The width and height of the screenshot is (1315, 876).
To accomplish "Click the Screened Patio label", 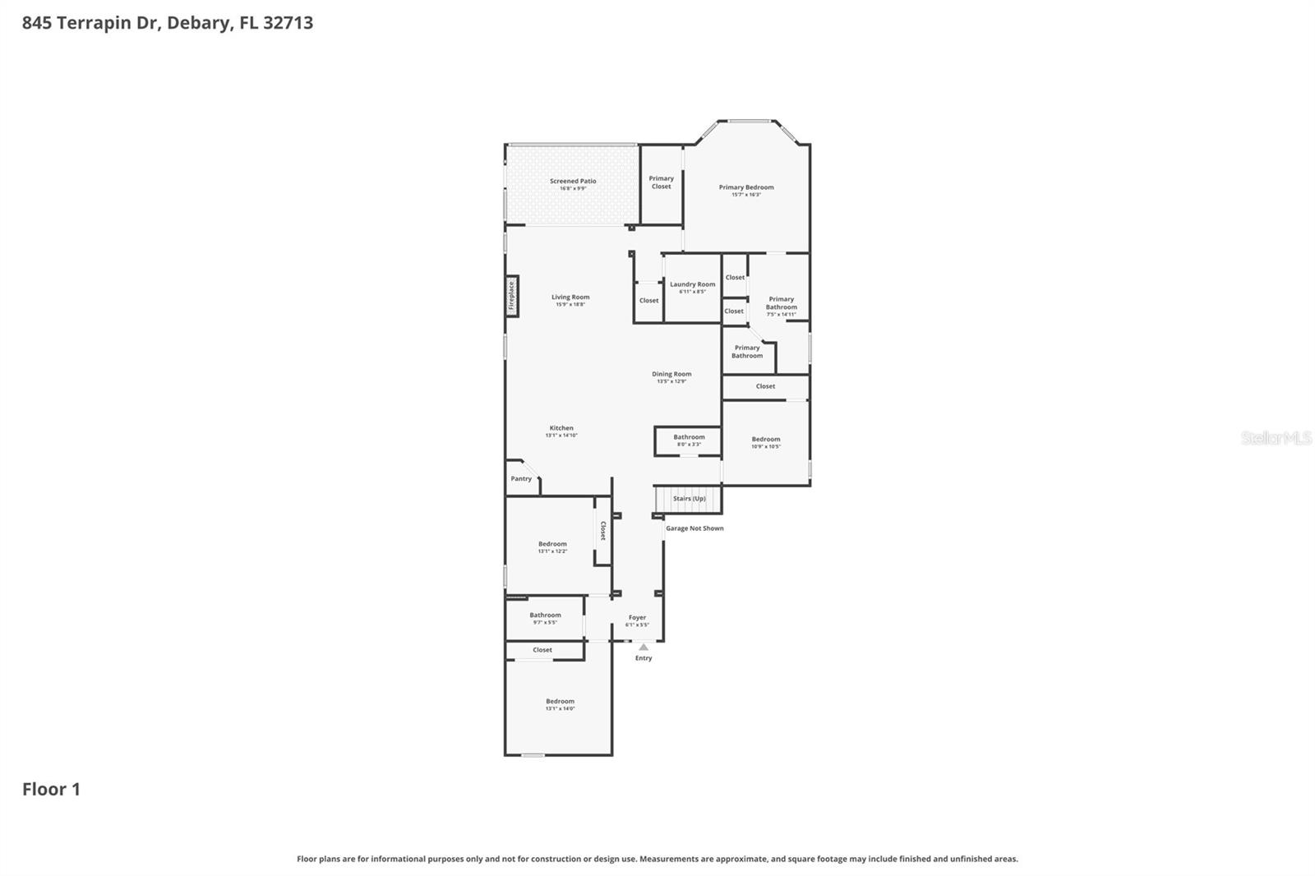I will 573,181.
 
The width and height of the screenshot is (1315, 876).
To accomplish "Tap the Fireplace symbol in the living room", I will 511,296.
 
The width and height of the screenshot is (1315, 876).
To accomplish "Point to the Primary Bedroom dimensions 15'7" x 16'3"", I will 746,195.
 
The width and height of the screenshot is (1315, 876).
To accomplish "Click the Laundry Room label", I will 692,284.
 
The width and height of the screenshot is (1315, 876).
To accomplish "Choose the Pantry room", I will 521,479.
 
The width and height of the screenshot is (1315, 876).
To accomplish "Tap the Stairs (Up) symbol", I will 688,499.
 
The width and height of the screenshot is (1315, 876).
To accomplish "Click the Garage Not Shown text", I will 694,528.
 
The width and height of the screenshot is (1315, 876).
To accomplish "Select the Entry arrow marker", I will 644,648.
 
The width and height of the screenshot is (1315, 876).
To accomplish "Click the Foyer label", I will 637,617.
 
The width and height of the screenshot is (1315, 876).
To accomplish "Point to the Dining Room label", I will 671,374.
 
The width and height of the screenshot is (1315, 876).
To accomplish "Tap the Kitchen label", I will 561,428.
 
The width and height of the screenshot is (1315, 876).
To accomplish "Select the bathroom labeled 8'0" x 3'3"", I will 689,440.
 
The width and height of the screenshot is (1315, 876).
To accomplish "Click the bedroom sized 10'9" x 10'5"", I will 765,443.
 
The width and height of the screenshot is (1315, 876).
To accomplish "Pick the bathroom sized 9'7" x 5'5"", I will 545,618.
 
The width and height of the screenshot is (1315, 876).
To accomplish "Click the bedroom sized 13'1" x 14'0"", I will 560,704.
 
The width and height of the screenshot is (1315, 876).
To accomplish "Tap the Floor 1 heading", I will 51,790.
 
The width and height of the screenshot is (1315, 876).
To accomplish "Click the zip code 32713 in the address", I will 288,23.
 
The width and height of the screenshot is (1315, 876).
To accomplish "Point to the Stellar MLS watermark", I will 1276,438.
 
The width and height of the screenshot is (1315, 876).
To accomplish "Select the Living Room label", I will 570,297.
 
